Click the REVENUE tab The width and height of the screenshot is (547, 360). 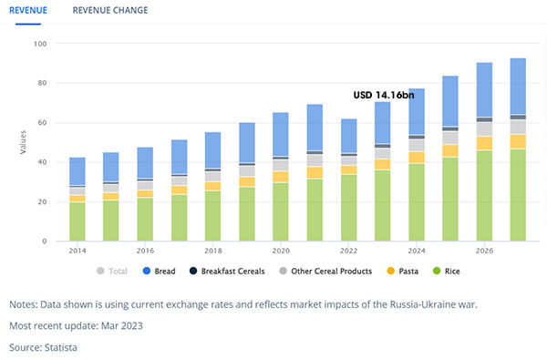click(28, 10)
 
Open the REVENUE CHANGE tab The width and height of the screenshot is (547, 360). click(110, 10)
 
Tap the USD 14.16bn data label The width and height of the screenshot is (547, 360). click(384, 95)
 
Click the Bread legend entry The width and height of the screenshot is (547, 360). click(159, 271)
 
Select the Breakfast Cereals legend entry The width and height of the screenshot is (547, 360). click(227, 271)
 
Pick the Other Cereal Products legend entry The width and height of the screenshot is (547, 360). click(325, 271)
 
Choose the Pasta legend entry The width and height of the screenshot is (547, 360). click(403, 271)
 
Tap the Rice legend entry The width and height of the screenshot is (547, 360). click(446, 271)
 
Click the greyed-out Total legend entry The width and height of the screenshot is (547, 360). click(112, 271)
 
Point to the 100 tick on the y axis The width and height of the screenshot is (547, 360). click(40, 44)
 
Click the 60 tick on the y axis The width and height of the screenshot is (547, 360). click(42, 123)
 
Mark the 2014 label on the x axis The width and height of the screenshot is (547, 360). click(77, 251)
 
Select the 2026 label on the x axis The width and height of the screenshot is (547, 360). click(485, 251)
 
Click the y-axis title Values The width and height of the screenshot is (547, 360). click(23, 142)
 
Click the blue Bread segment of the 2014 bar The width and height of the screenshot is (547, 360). click(77, 171)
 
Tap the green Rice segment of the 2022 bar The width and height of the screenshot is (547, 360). click(349, 208)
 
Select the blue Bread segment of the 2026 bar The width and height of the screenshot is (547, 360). click(485, 89)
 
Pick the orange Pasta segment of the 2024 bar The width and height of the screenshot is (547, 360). click(417, 158)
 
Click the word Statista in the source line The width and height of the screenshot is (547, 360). click(61, 347)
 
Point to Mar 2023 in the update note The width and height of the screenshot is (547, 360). click(122, 325)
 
